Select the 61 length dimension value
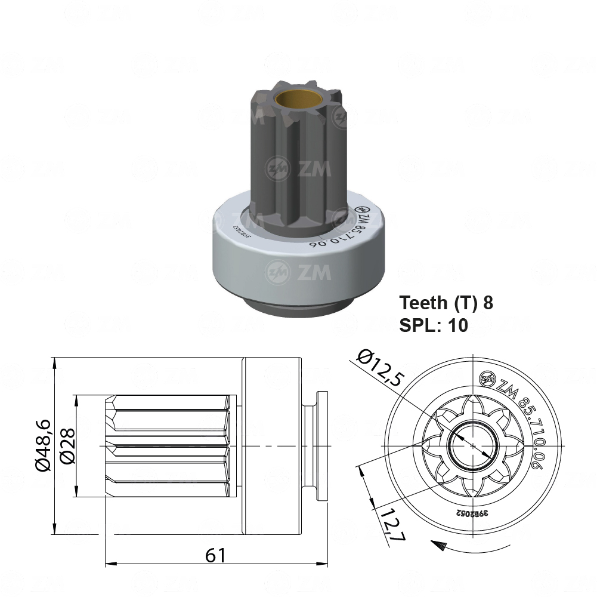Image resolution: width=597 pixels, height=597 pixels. pos(216,555)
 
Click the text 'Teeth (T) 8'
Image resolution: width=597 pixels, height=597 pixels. pos(446,303)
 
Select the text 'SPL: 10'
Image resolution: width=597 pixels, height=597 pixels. pos(433,325)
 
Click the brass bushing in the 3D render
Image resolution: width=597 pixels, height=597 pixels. pos(298,95)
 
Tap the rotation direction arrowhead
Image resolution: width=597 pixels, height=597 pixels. pos(438,544)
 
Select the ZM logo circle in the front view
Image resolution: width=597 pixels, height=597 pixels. pos(487,377)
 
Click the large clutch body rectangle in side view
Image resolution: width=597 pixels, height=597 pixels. pos(272,445)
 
